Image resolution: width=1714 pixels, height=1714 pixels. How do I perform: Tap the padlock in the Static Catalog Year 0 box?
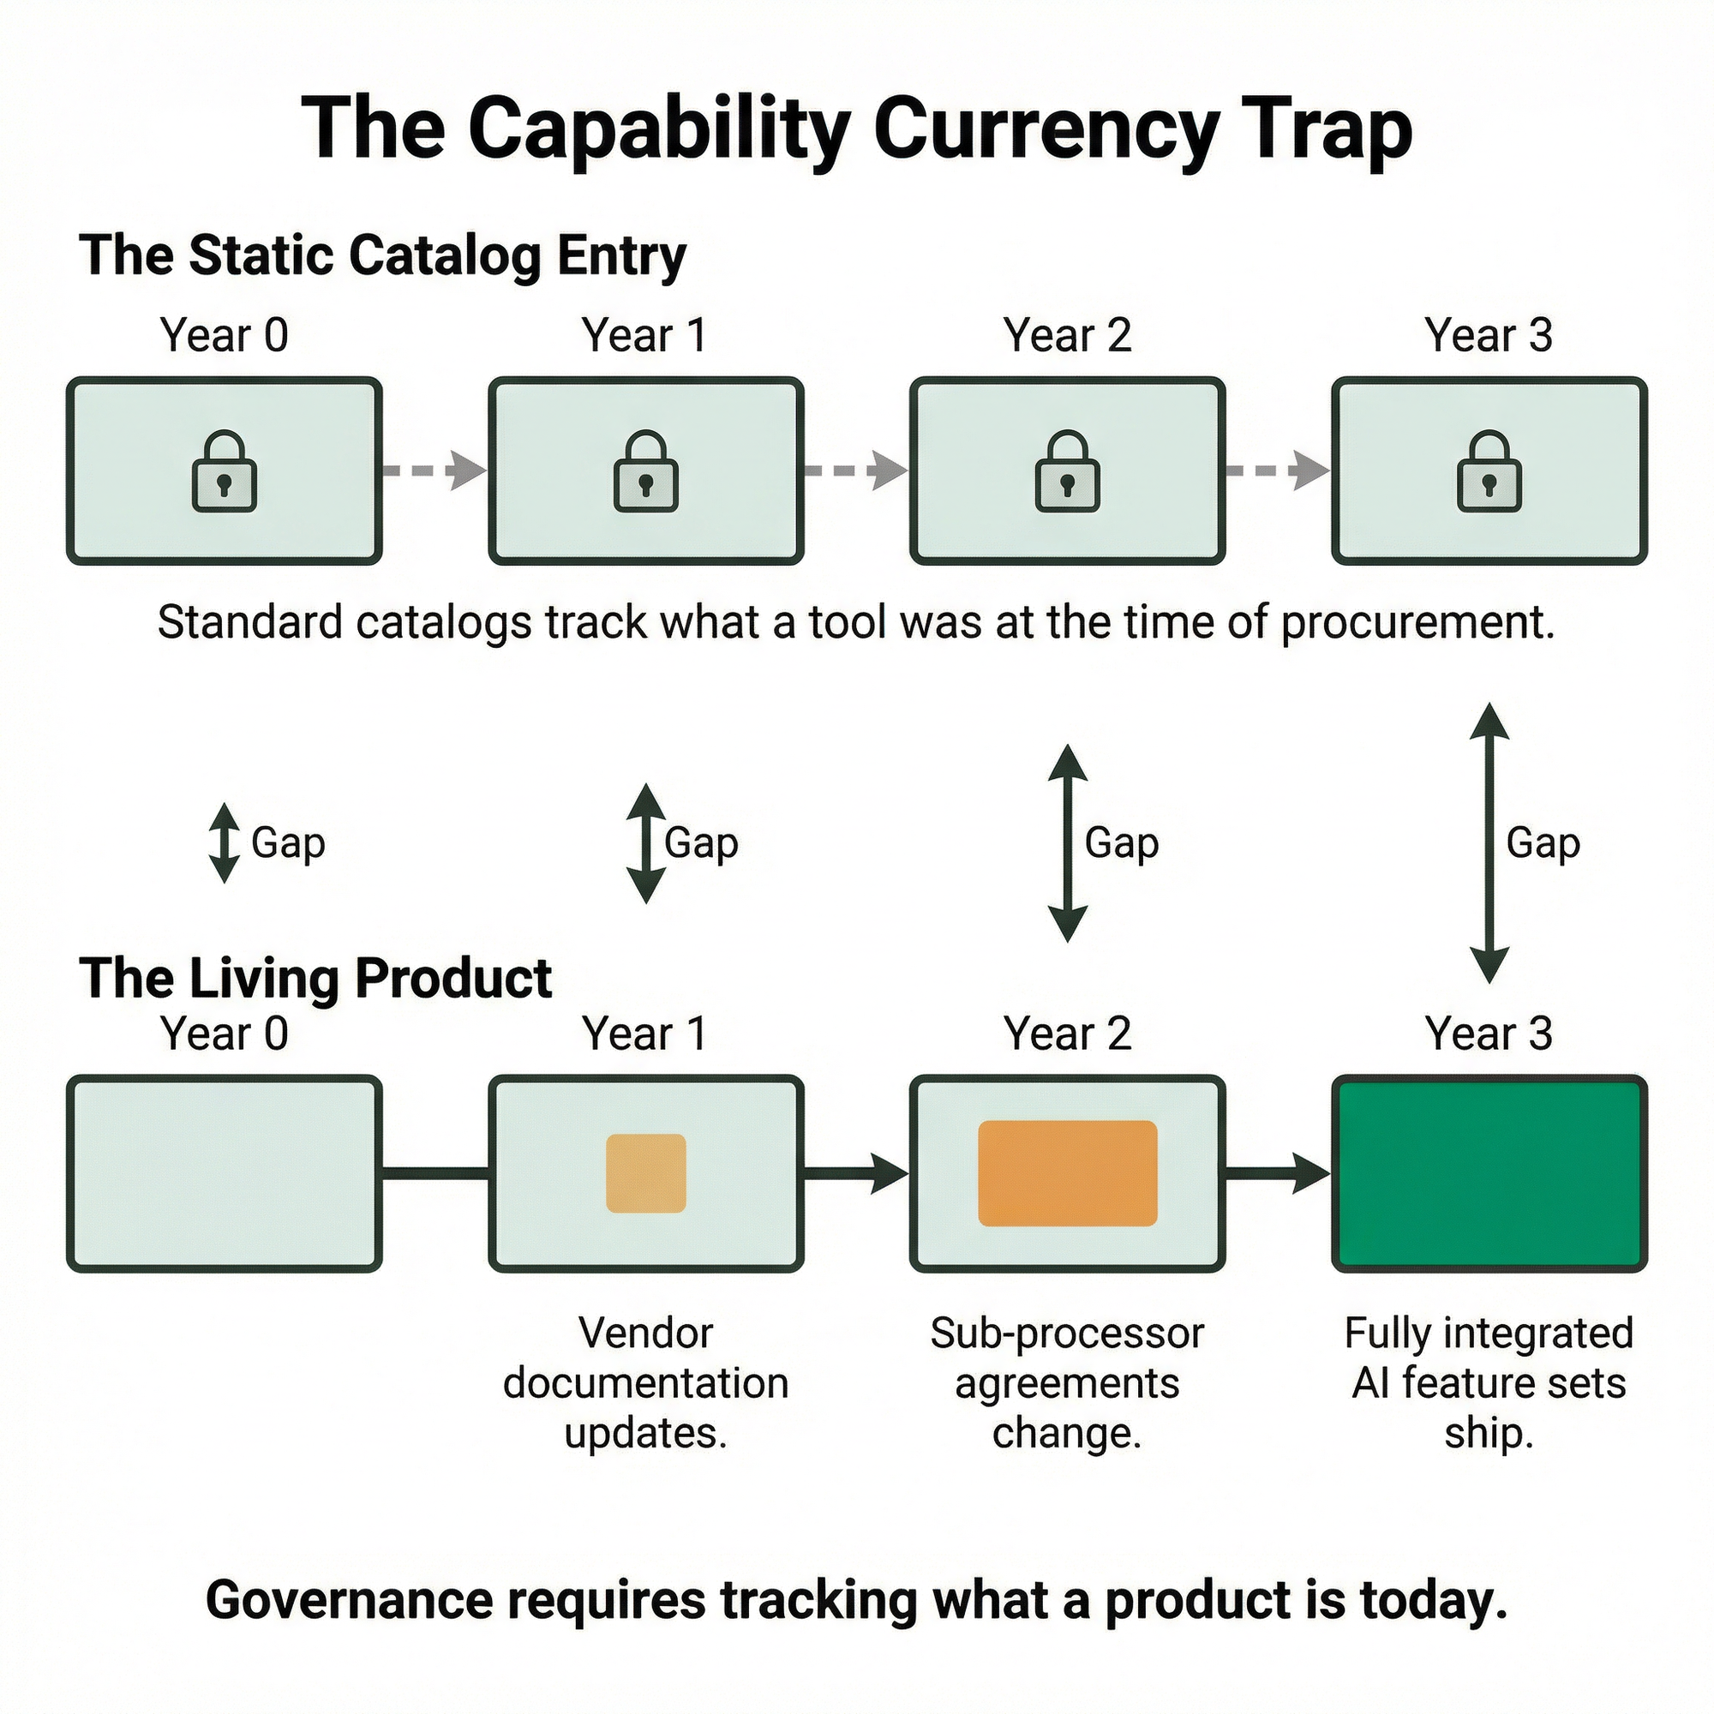(225, 472)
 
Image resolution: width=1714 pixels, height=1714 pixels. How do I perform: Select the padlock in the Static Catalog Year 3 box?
(1489, 472)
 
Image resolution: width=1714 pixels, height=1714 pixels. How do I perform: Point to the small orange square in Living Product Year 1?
(646, 1173)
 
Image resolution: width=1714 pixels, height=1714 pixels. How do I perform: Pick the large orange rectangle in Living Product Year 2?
(1067, 1173)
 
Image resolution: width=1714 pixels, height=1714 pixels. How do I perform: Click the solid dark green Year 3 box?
(1489, 1173)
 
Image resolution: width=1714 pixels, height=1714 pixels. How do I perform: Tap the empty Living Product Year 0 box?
(225, 1173)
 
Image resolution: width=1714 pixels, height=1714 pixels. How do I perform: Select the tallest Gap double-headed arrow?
(1489, 842)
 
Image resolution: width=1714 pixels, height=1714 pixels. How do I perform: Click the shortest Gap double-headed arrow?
(225, 842)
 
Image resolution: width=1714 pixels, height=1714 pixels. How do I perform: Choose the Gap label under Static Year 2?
(1121, 842)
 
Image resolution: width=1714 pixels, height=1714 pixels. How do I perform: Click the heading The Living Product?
(316, 979)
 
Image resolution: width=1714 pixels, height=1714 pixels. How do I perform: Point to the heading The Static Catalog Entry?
(382, 255)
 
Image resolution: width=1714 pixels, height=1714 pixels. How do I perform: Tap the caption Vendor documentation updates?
(646, 1383)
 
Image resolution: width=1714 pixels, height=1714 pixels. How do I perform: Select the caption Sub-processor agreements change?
(1067, 1383)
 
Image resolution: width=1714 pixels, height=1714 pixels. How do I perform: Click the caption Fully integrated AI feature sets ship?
(1489, 1383)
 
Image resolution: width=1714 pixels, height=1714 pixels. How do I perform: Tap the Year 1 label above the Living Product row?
(645, 1034)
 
